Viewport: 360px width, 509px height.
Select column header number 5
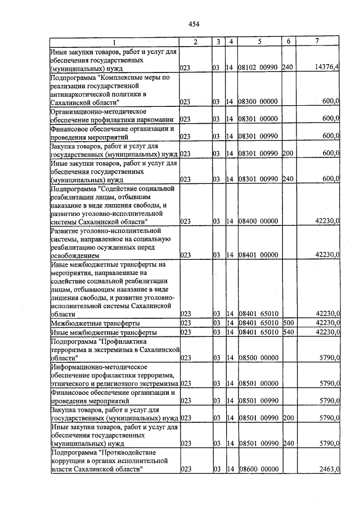[x=259, y=42]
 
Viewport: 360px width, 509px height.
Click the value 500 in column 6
[x=288, y=323]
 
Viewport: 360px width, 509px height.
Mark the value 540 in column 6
[x=288, y=332]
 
